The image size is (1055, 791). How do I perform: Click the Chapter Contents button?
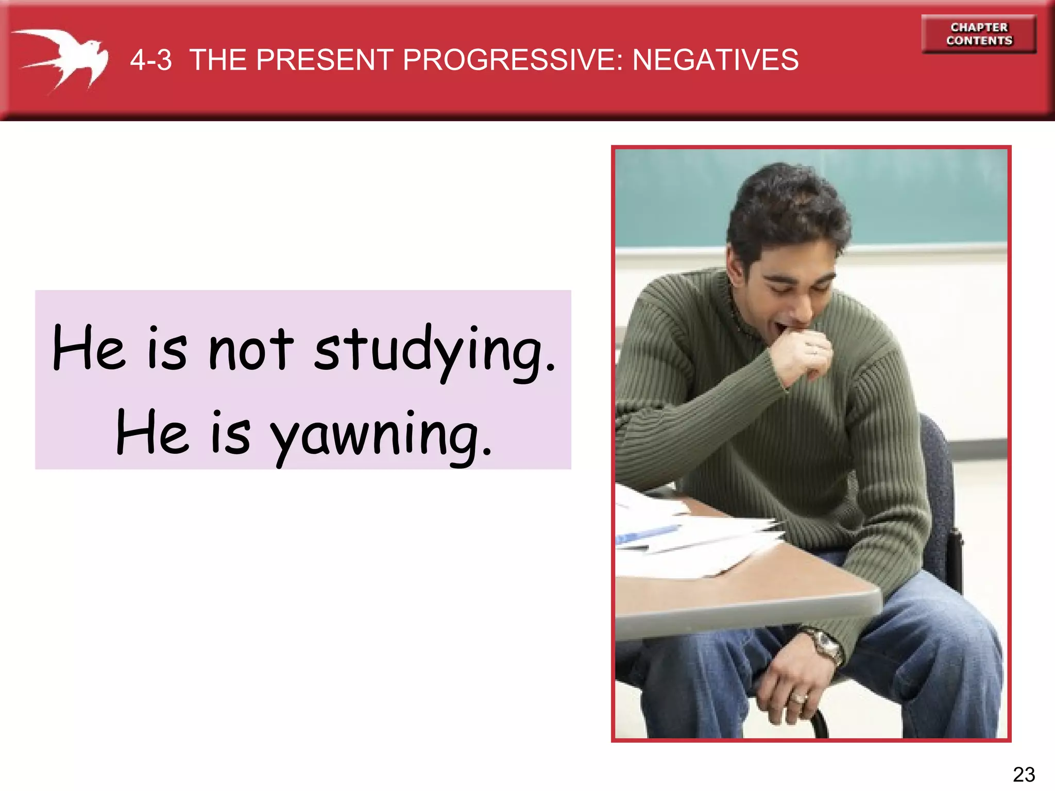(x=979, y=34)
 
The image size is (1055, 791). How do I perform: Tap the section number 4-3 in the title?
(x=151, y=60)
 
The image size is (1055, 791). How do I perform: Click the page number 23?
(x=1024, y=774)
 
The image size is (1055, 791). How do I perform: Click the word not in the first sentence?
(x=251, y=350)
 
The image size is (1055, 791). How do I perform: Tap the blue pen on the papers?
(x=646, y=534)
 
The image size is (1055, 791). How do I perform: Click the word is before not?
(x=167, y=350)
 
